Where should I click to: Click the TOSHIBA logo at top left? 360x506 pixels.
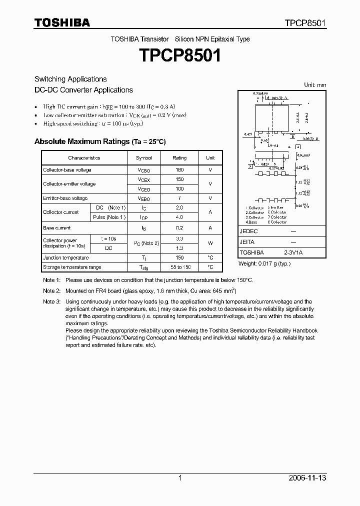(x=62, y=22)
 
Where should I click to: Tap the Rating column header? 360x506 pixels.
(x=179, y=157)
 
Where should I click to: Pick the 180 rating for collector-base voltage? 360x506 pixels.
(x=179, y=170)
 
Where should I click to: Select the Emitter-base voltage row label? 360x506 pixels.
(x=65, y=198)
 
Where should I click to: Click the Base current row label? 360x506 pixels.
(x=56, y=227)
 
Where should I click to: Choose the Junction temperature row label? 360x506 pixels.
(x=65, y=257)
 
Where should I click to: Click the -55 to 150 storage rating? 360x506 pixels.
(x=179, y=267)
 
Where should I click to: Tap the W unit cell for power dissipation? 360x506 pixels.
(x=210, y=243)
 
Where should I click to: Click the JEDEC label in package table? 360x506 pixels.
(x=248, y=231)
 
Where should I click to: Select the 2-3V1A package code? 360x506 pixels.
(x=292, y=252)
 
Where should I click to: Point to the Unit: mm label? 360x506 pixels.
(x=315, y=85)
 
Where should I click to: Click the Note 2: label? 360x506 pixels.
(x=51, y=290)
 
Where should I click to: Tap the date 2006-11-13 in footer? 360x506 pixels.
(x=307, y=478)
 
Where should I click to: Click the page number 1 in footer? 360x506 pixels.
(x=180, y=478)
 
